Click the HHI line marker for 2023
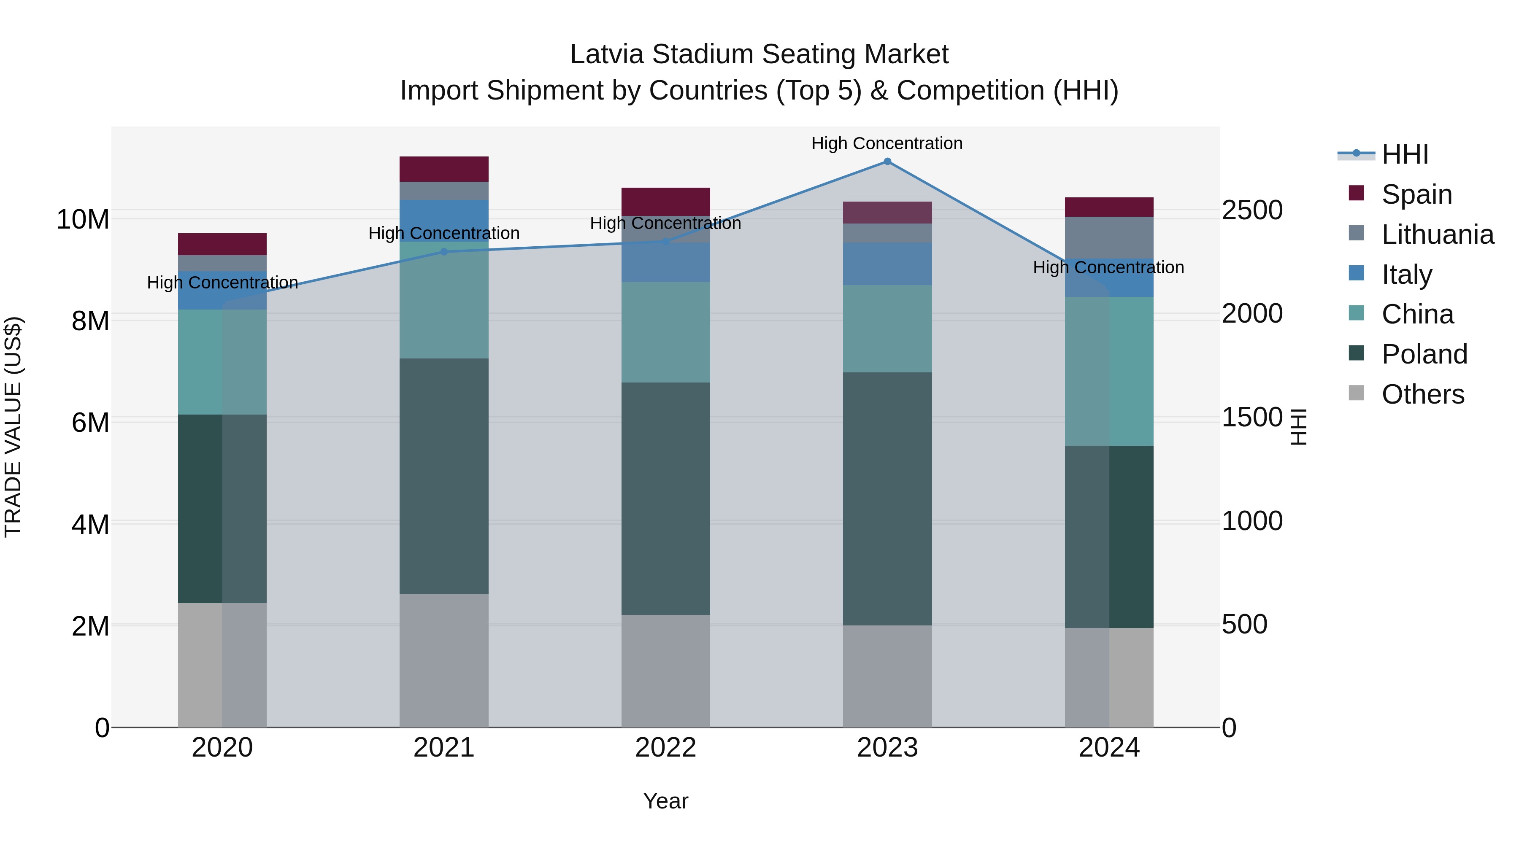(x=887, y=162)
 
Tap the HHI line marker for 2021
(x=444, y=252)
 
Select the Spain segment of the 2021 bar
(x=444, y=169)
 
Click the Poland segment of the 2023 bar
(x=887, y=498)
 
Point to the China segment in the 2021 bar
(x=444, y=300)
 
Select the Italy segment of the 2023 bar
(x=887, y=264)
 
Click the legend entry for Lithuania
(x=1437, y=234)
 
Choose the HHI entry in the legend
(x=1405, y=154)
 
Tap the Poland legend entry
(x=1424, y=354)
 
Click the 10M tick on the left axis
(x=83, y=219)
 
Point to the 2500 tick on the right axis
(x=1252, y=210)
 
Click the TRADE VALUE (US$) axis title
(x=13, y=427)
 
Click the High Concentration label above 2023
(x=887, y=143)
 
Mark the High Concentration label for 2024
(x=1108, y=267)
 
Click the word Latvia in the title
(x=607, y=54)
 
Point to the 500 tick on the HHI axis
(x=1244, y=624)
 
